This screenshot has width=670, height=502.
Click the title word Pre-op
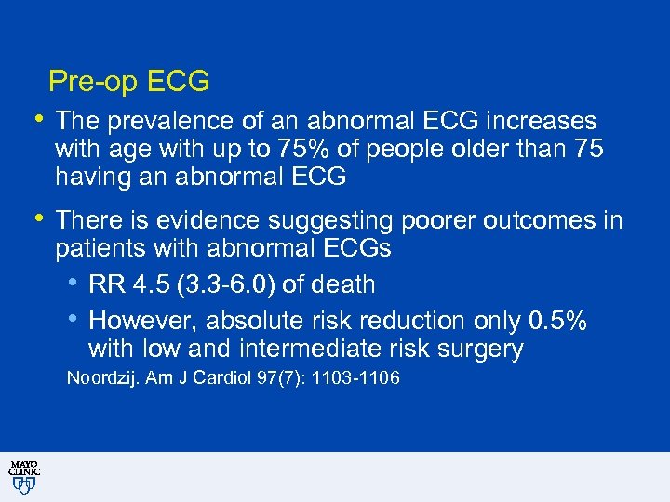tap(90, 82)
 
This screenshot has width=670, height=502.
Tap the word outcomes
tap(521, 221)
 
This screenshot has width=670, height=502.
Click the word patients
tap(97, 249)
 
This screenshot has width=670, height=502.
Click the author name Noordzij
tap(99, 378)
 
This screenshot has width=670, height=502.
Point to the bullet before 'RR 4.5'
tap(74, 282)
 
